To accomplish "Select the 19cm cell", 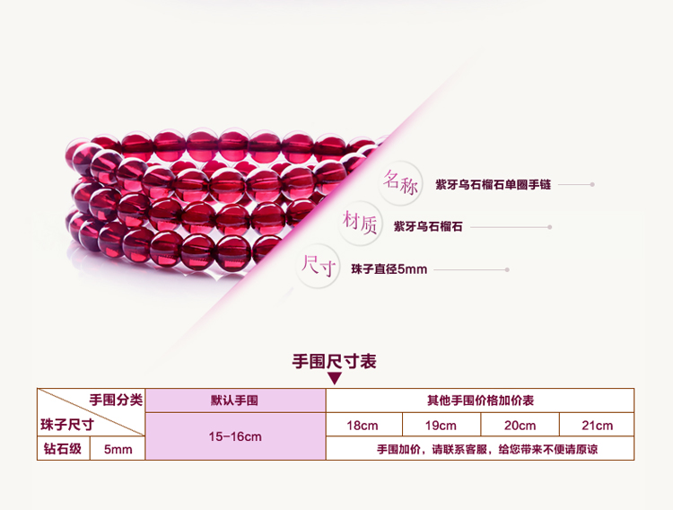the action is [441, 425].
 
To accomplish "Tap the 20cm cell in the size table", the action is [520, 425].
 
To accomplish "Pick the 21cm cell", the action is [597, 425].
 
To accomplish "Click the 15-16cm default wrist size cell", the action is [235, 436].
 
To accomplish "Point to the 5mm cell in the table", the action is [118, 449].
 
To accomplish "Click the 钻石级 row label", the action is [63, 449].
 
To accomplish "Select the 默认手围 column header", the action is [235, 400].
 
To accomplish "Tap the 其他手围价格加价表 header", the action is [480, 400].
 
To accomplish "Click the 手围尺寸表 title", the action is [334, 361].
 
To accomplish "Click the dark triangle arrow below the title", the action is [335, 378].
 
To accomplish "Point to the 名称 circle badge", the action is [401, 183].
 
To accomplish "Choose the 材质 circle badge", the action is [360, 223].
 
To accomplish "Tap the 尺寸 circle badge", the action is [318, 266].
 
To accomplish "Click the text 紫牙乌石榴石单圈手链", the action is [493, 185].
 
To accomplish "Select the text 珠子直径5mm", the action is [389, 269].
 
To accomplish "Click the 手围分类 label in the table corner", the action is [116, 400].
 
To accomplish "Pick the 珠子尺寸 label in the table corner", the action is [67, 425].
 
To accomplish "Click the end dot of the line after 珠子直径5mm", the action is [507, 270].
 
